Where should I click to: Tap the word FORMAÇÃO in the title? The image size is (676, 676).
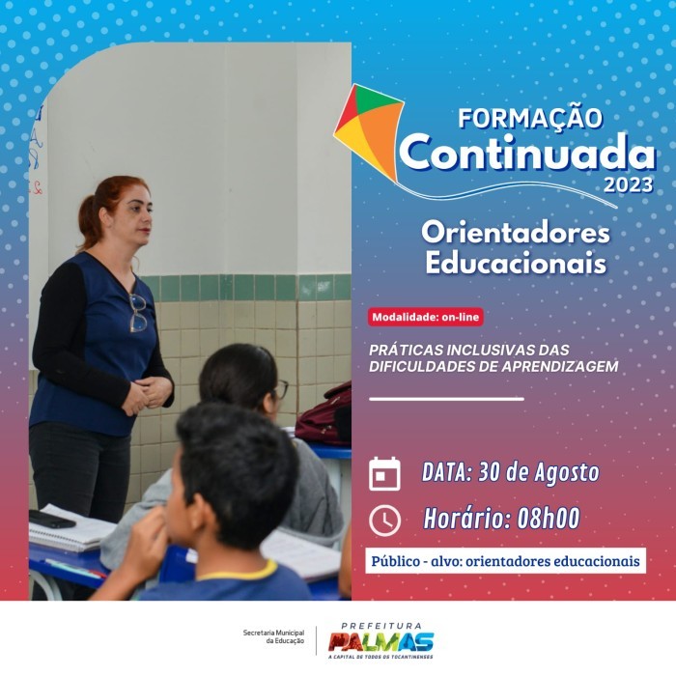530,118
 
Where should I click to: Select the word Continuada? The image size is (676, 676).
527,152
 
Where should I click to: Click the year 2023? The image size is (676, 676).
629,185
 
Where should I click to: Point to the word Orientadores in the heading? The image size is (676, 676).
515,233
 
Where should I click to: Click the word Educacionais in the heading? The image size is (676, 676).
516,263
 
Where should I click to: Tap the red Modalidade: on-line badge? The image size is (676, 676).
425,317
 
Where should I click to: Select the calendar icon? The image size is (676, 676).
384,473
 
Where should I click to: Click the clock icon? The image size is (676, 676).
384,521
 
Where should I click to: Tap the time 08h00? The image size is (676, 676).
548,519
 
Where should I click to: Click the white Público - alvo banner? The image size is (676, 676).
506,561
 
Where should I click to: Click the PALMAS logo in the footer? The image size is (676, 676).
380,642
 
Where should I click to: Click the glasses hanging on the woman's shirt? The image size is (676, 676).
139,312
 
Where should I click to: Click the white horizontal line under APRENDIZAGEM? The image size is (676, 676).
446,398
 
